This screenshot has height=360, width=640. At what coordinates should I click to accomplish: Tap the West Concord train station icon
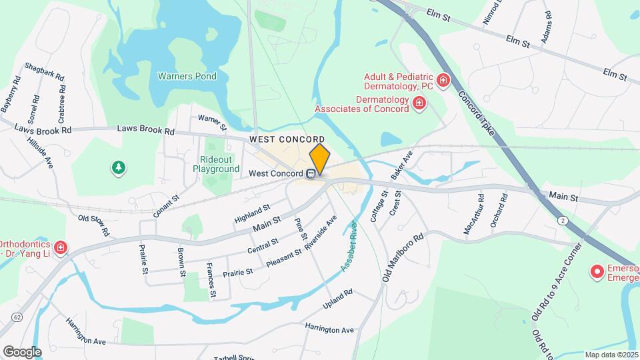(311, 174)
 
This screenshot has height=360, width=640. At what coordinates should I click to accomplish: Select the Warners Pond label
(187, 76)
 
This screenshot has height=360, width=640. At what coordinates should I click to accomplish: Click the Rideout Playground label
(216, 164)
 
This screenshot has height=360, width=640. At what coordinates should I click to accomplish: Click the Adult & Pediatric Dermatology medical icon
(443, 81)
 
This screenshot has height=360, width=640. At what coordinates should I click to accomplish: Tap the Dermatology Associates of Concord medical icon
(419, 103)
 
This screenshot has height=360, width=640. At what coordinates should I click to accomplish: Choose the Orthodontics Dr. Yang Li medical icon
(61, 249)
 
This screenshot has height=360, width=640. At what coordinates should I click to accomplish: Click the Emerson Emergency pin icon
(598, 272)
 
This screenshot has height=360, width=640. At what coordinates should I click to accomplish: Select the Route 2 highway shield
(564, 220)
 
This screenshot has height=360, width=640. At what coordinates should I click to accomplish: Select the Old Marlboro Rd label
(403, 257)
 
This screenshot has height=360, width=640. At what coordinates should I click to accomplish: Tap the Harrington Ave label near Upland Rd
(329, 329)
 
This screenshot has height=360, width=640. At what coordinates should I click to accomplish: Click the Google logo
(22, 351)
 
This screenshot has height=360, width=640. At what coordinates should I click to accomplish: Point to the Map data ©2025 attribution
(611, 355)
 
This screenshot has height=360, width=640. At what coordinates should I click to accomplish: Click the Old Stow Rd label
(93, 224)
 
